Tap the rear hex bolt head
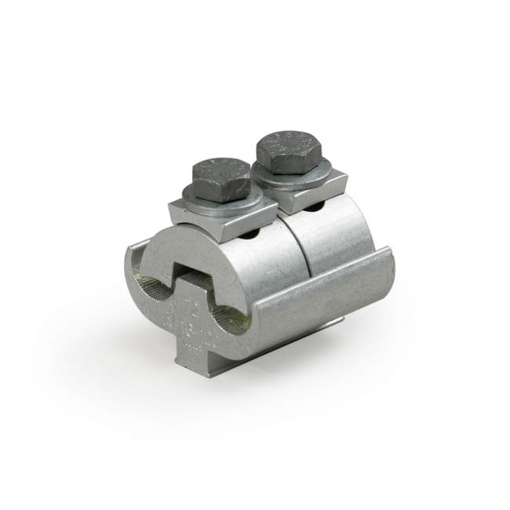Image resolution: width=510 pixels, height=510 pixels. (292, 151)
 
